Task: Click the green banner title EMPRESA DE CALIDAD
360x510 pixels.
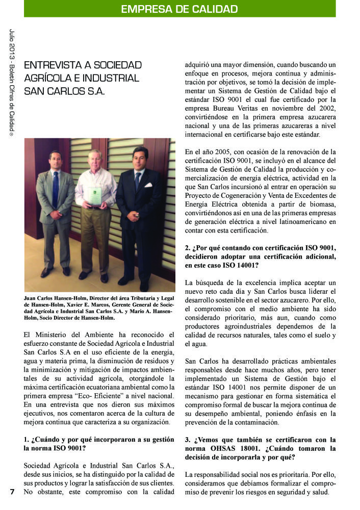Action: click(x=179, y=9)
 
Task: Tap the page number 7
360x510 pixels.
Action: click(x=12, y=492)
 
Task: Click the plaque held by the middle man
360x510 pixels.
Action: click(x=94, y=196)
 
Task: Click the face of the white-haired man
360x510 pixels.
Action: click(x=94, y=159)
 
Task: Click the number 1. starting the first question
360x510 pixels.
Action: click(x=27, y=439)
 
